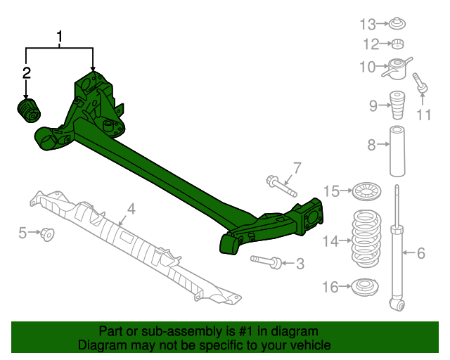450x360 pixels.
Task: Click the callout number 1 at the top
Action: pyautogui.click(x=60, y=36)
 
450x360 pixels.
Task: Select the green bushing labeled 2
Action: pyautogui.click(x=30, y=111)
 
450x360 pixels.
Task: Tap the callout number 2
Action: pyautogui.click(x=27, y=72)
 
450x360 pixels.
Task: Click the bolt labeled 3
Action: pyautogui.click(x=267, y=261)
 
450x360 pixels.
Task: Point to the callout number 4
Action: pyautogui.click(x=131, y=208)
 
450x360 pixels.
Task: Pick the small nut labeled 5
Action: pyautogui.click(x=48, y=233)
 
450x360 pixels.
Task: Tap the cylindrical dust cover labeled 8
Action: pyautogui.click(x=395, y=151)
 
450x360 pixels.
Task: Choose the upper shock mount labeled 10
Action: pyautogui.click(x=398, y=69)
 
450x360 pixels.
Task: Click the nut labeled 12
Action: pyautogui.click(x=398, y=46)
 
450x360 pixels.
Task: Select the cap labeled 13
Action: pyautogui.click(x=398, y=25)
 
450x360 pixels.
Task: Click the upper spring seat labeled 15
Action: pyautogui.click(x=364, y=191)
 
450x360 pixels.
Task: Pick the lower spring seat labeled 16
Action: pyautogui.click(x=365, y=287)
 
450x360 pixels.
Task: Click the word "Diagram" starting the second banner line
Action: pyautogui.click(x=101, y=345)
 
